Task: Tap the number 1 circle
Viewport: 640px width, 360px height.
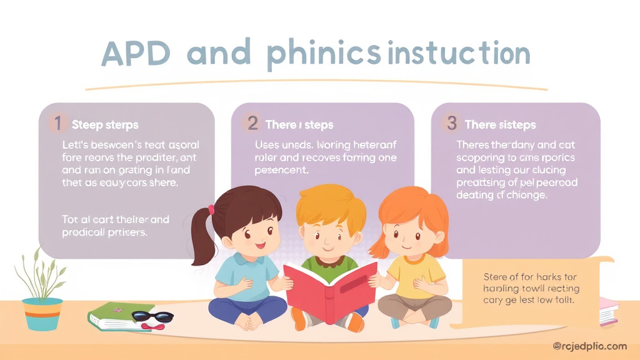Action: [x=57, y=124]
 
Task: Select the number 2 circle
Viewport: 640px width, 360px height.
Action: [x=252, y=123]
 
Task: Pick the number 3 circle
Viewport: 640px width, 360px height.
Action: [x=451, y=123]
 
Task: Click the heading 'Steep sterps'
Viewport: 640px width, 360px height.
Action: [x=105, y=125]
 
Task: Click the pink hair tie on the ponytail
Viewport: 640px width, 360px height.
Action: [x=211, y=209]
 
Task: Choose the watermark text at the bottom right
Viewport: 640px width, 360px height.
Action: [x=589, y=346]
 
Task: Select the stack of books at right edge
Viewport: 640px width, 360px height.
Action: [x=607, y=311]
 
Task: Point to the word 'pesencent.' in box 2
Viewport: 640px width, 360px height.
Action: [x=282, y=169]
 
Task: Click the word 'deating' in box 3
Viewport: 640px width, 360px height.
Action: [x=477, y=194]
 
